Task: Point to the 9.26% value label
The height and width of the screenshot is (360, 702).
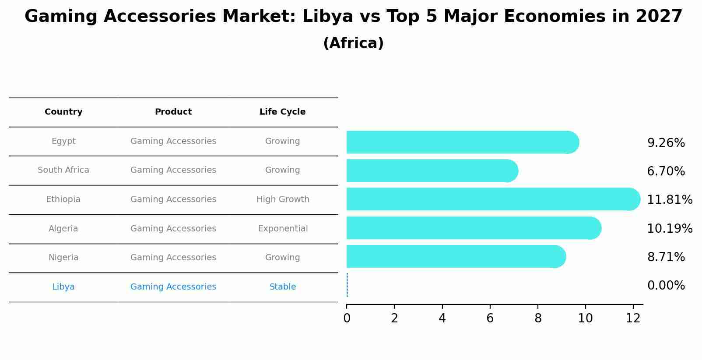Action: coord(666,143)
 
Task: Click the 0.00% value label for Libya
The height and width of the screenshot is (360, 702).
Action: coord(666,286)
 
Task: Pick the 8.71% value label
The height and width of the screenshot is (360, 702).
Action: coord(666,257)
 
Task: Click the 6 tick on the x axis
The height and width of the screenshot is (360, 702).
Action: coord(490,318)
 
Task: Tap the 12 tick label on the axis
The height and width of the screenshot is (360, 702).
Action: coord(633,318)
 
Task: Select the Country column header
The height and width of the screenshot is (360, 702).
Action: coord(63,112)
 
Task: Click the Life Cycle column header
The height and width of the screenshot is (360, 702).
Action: coord(282,112)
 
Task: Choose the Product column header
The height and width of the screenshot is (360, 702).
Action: coord(173,112)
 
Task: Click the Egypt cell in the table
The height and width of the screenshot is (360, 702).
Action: coord(63,141)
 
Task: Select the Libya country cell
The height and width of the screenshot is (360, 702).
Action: coord(63,287)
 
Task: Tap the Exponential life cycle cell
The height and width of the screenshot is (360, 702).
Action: coord(283,229)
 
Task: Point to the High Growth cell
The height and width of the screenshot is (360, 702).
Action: coord(283,199)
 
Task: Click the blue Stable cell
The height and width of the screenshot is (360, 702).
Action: coord(283,287)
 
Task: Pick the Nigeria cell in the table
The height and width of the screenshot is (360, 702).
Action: coord(63,258)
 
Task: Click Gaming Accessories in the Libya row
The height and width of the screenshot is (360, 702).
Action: coord(173,287)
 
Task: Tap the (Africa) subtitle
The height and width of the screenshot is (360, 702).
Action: coord(353,43)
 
